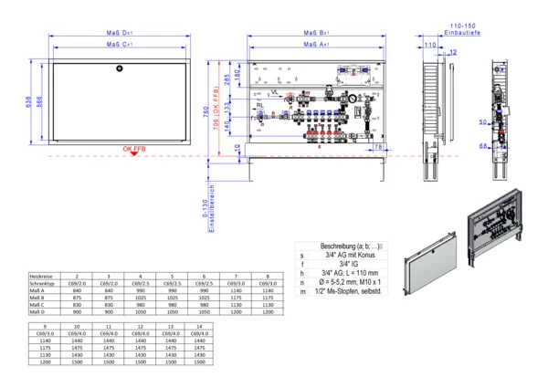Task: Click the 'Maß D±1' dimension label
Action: click(x=120, y=32)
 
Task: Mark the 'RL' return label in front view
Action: click(x=261, y=106)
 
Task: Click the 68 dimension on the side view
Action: click(x=484, y=143)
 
